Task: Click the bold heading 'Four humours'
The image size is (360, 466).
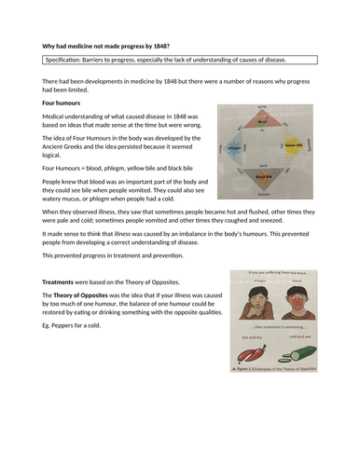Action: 62,103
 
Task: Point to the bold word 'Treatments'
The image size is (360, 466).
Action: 62,281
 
